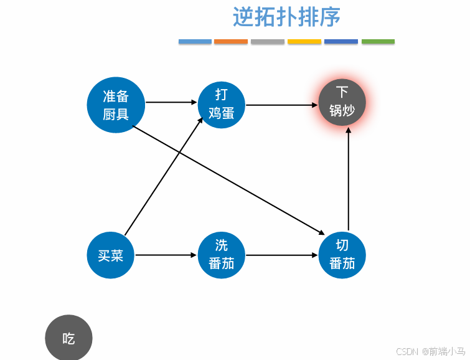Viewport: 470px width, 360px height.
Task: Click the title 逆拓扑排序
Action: coord(286,17)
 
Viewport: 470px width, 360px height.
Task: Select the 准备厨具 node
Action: coord(116,105)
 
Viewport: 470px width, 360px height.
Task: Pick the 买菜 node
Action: coord(111,255)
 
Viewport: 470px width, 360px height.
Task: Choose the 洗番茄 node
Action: coord(222,255)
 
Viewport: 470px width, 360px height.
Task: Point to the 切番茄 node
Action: coord(342,255)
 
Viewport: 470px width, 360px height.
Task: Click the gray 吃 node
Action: coord(68,338)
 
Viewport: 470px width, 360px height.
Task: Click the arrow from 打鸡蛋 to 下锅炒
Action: coord(281,105)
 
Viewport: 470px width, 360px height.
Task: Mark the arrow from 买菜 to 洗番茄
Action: coord(166,255)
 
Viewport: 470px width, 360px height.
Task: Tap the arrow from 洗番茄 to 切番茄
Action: coord(281,255)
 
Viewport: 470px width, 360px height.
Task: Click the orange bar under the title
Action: coord(231,42)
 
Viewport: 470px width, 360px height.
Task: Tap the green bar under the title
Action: coord(378,42)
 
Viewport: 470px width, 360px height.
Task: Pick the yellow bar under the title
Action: coord(304,42)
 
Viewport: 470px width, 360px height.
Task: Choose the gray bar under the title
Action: coord(268,42)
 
